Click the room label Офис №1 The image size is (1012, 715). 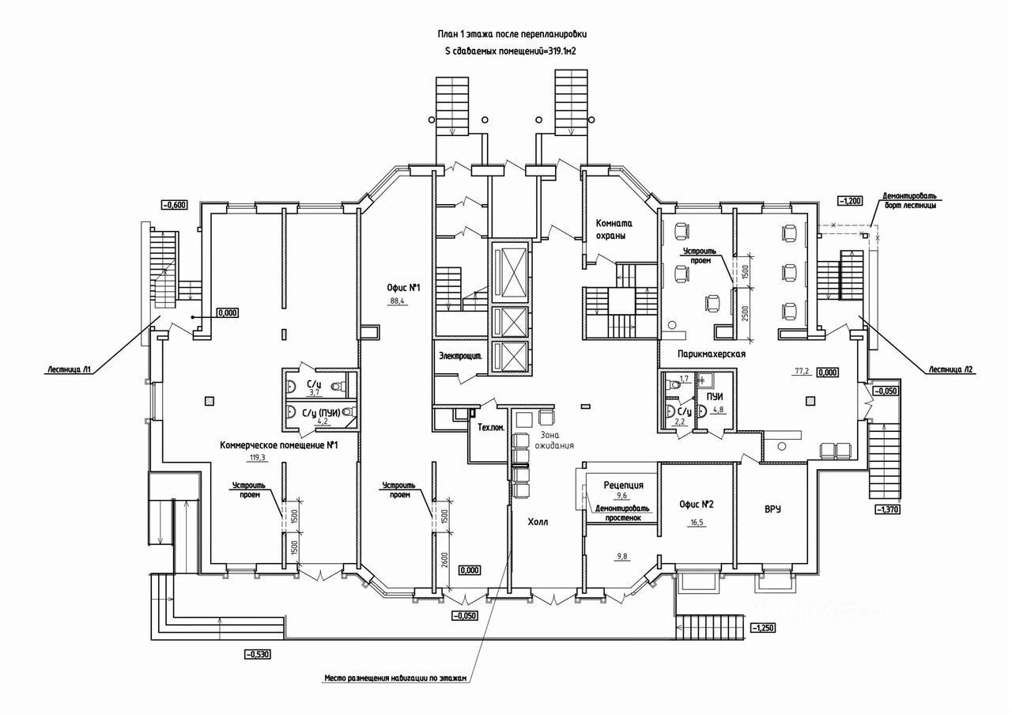pyautogui.click(x=402, y=289)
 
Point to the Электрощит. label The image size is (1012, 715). pyautogui.click(x=461, y=357)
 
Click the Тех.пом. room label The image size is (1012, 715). pyautogui.click(x=491, y=428)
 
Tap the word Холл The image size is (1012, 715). pyautogui.click(x=538, y=522)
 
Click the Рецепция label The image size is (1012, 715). pyautogui.click(x=623, y=485)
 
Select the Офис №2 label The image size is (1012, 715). pyautogui.click(x=697, y=505)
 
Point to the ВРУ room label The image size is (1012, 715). pyautogui.click(x=772, y=509)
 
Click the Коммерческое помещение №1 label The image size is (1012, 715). pyautogui.click(x=279, y=445)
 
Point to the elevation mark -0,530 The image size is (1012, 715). pyautogui.click(x=258, y=654)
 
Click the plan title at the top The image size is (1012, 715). pyautogui.click(x=512, y=35)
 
